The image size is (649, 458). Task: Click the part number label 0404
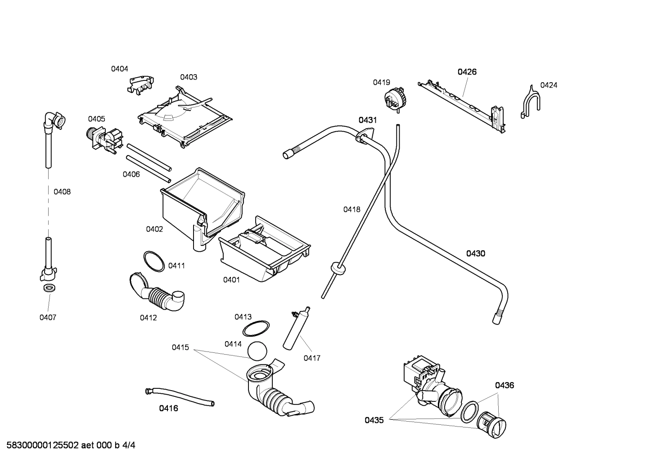pyautogui.click(x=120, y=69)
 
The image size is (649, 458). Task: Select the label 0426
pyautogui.click(x=467, y=72)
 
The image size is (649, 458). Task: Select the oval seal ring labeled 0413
pyautogui.click(x=256, y=329)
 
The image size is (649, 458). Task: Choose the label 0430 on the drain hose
pyautogui.click(x=475, y=253)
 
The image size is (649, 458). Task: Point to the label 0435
pyautogui.click(x=374, y=420)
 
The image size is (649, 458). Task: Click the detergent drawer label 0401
pyautogui.click(x=231, y=280)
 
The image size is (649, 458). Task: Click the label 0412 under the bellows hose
pyautogui.click(x=148, y=318)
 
